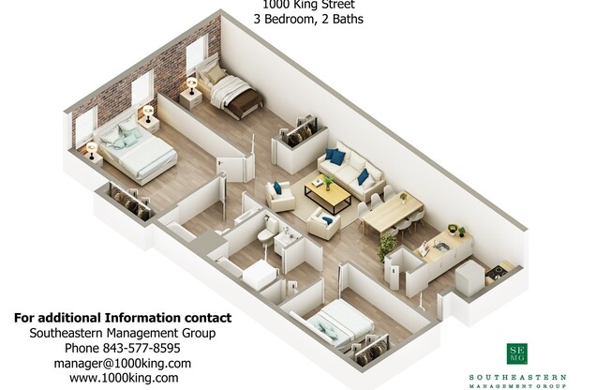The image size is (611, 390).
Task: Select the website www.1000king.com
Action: pyautogui.click(x=124, y=377)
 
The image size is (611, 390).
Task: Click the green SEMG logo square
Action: pyautogui.click(x=517, y=353)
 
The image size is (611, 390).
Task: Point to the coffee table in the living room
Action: pyautogui.click(x=327, y=194)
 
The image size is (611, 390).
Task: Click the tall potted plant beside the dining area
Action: pyautogui.click(x=386, y=246)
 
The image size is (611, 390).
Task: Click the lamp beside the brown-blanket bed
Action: pyautogui.click(x=192, y=84)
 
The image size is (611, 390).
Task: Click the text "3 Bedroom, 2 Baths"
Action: pyautogui.click(x=307, y=19)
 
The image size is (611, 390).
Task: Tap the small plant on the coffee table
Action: pyautogui.click(x=329, y=180)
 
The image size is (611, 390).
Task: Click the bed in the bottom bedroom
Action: pyautogui.click(x=337, y=323)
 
